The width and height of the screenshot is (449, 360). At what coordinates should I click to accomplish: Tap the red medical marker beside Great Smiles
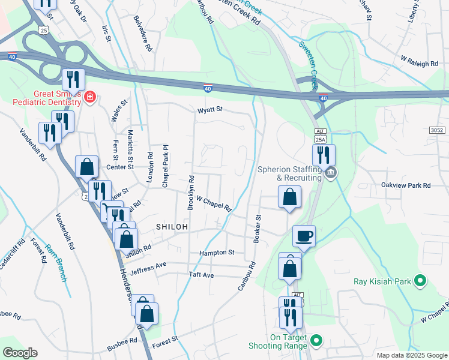click(90, 97)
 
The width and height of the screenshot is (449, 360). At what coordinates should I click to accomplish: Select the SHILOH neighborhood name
click(172, 226)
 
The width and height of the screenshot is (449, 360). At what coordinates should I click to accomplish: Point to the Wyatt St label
click(210, 110)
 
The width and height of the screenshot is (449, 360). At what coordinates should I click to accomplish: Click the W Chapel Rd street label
click(214, 204)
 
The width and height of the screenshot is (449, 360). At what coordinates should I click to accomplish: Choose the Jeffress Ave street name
click(148, 265)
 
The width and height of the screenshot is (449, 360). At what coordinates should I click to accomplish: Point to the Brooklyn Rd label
click(191, 192)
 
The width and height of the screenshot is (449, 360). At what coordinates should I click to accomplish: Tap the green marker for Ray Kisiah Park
click(420, 280)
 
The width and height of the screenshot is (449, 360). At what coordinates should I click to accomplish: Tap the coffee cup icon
click(304, 235)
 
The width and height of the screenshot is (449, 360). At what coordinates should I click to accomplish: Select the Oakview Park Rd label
click(406, 186)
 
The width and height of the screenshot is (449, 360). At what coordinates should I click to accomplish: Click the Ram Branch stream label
click(58, 269)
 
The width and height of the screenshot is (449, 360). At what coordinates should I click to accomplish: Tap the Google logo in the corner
click(20, 353)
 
